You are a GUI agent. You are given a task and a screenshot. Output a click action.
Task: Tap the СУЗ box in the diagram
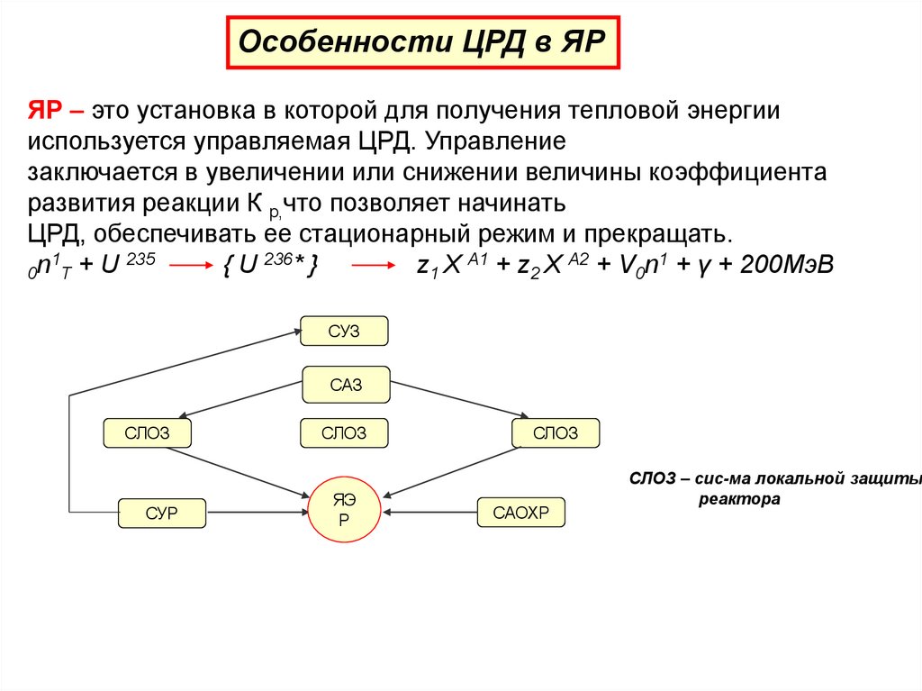pos(344,332)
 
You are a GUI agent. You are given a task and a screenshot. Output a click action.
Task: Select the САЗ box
pos(346,385)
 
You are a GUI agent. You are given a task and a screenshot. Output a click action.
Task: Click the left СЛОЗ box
pos(149,433)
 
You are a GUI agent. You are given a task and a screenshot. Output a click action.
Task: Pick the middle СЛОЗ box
pos(344,433)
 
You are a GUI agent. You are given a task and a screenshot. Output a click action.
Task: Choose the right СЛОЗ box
pos(556,433)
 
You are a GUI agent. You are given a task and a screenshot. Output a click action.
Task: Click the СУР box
pos(162,514)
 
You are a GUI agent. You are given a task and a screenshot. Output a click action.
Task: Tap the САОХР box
pos(520,513)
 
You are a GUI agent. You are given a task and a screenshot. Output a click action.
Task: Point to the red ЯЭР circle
pos(345,509)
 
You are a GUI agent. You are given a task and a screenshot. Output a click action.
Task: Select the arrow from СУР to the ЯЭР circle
pos(257,514)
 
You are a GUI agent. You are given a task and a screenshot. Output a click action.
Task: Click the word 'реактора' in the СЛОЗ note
pos(738,497)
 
